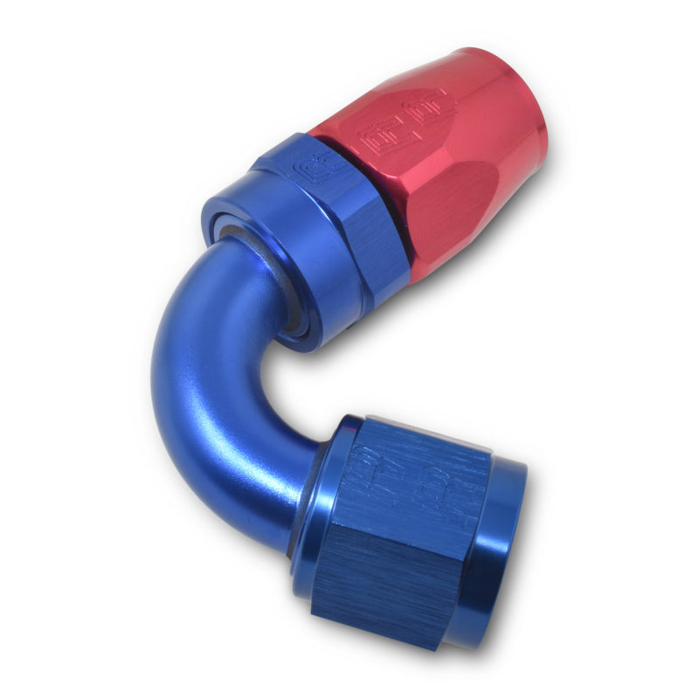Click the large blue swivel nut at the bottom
coord(411,533)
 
